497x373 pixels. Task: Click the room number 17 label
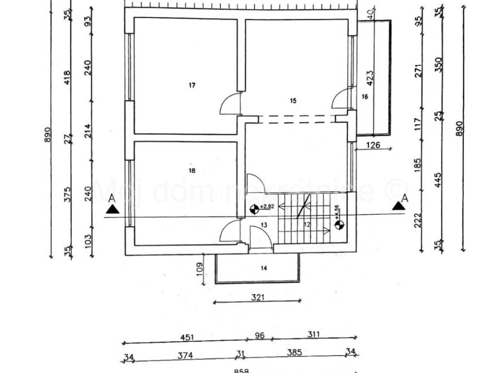(192, 85)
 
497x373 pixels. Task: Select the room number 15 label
(293, 101)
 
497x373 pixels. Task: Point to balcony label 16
(365, 97)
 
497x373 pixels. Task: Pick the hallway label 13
(264, 224)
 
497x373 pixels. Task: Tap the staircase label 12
(307, 224)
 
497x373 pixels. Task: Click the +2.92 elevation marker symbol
(254, 210)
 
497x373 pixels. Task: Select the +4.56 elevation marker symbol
(339, 224)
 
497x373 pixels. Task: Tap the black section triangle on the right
(399, 205)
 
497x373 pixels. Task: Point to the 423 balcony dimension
(369, 78)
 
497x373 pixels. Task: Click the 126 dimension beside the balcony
(372, 144)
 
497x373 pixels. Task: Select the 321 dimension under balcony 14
(258, 298)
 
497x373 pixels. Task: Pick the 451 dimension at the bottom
(185, 336)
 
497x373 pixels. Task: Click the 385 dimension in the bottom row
(293, 355)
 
